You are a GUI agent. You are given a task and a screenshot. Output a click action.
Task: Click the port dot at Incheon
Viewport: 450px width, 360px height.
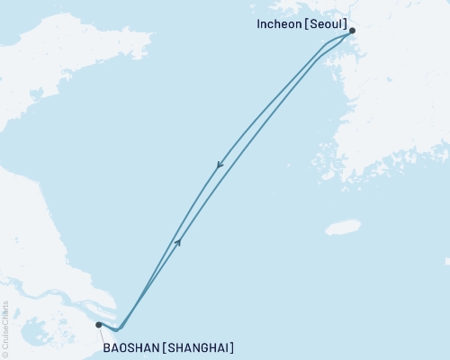[352, 31]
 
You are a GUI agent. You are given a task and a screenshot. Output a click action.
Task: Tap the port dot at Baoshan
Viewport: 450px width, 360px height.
[98, 325]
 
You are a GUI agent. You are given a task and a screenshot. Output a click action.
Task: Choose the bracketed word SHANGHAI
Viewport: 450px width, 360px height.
[202, 346]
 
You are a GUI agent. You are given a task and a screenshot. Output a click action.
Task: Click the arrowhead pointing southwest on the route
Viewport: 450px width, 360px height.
[219, 165]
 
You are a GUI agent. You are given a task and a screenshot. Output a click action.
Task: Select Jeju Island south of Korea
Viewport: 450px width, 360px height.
[342, 227]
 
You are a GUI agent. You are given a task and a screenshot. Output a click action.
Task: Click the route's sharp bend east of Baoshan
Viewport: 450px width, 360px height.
[117, 329]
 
